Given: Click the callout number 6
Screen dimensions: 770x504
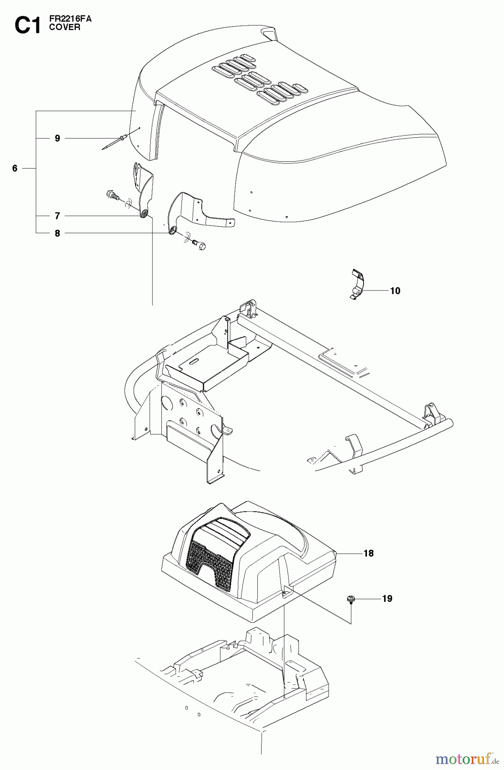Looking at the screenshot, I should (15, 169).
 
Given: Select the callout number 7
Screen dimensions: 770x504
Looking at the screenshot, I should (57, 216).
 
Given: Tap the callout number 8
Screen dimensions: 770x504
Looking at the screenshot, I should (57, 233).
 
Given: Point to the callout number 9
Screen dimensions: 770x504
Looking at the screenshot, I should (57, 138).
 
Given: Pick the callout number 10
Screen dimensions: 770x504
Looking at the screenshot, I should (395, 291).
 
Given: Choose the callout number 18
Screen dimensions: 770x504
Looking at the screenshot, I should (368, 553).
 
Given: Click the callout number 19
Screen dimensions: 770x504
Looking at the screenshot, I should (387, 598).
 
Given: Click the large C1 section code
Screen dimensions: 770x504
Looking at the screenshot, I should (27, 26).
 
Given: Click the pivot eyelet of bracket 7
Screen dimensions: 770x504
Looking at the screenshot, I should (145, 213).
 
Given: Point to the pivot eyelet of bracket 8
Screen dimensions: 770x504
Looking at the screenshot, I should (172, 231).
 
